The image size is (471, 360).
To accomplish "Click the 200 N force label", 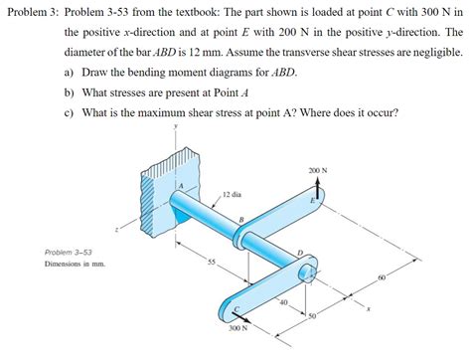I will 319,170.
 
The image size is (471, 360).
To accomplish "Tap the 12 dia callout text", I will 233,194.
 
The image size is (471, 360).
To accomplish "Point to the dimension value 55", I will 211,261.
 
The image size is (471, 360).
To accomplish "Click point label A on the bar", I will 181,186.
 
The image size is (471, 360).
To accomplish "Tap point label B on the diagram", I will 240,219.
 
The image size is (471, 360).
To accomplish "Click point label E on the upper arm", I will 313,201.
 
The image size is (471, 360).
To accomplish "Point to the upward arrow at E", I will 319,189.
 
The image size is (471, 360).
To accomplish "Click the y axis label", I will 176,126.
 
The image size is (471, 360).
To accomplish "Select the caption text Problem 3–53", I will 69,253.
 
